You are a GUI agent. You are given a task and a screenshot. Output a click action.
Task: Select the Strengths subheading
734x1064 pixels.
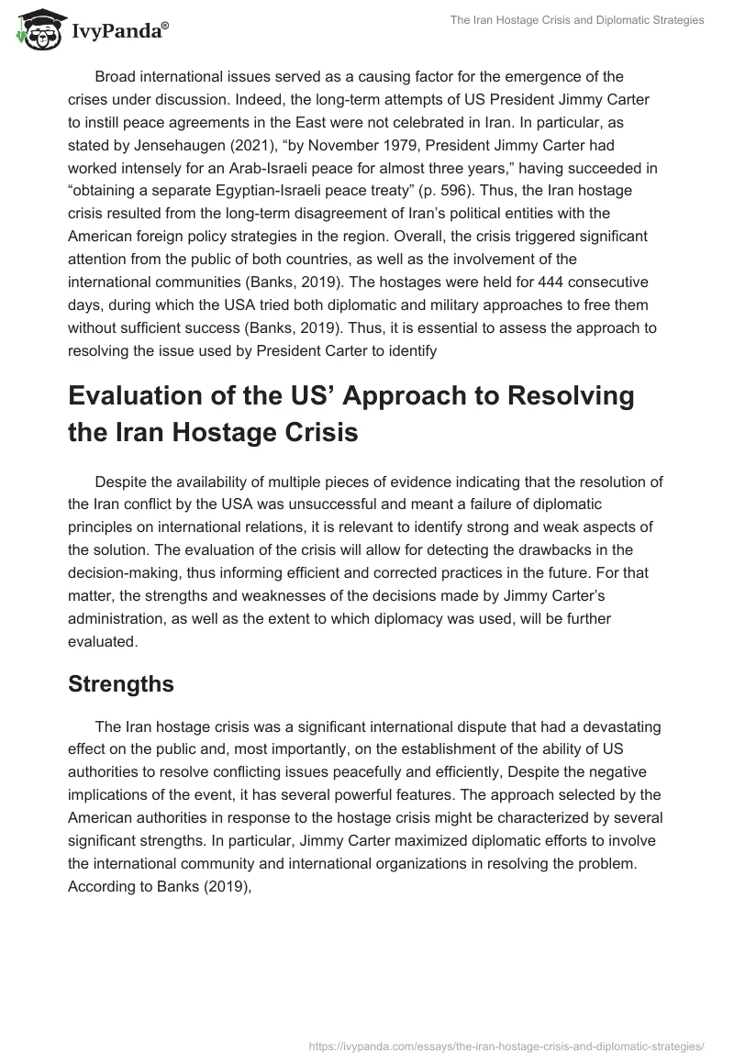click(121, 683)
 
